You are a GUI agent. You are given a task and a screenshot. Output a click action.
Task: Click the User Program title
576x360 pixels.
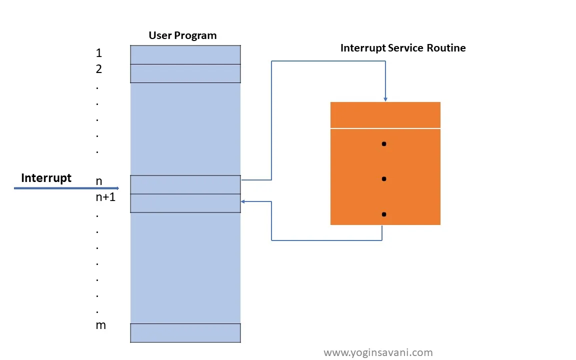182,35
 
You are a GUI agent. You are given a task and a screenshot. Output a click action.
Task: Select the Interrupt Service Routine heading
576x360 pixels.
403,48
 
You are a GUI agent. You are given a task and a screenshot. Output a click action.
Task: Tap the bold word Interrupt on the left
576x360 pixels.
46,178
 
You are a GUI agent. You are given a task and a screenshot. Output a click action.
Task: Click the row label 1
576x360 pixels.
98,53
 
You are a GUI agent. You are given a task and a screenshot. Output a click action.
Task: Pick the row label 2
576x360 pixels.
98,69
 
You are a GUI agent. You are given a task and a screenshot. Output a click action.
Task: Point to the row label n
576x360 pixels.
99,181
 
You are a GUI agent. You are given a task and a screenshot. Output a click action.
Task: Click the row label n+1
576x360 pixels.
105,197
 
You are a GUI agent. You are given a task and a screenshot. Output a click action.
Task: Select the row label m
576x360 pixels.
100,325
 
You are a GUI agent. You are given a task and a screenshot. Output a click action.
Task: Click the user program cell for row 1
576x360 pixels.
185,54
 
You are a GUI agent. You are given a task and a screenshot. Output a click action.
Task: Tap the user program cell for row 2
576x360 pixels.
185,73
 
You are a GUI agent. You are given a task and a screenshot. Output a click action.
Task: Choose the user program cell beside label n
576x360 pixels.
185,184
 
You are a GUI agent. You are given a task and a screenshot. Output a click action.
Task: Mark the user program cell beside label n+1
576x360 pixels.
185,203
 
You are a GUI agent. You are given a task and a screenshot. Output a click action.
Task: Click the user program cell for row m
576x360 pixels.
185,332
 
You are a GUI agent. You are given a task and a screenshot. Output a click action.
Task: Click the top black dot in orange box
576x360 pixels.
384,144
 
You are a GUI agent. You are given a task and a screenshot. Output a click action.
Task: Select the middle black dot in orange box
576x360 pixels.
384,178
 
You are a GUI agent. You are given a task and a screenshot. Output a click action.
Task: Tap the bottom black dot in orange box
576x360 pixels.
384,214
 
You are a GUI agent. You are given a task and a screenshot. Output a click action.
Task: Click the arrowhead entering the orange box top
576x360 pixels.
385,99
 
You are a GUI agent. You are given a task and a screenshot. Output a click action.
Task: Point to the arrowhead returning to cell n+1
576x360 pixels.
243,201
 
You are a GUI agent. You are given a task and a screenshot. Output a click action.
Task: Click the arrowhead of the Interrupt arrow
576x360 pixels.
117,188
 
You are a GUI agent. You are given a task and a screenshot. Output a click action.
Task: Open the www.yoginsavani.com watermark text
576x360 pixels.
378,352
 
